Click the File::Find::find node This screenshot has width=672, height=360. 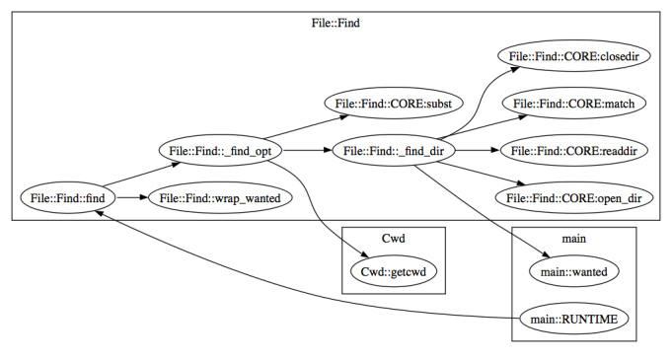click(68, 199)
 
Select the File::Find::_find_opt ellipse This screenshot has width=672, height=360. click(221, 151)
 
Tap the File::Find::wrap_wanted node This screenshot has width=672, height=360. click(213, 199)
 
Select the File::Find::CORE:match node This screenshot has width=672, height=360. click(566, 103)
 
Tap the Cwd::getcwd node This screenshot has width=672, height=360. click(394, 269)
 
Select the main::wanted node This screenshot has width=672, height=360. click(574, 269)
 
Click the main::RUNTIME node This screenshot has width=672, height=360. click(574, 318)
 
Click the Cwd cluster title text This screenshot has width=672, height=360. click(394, 239)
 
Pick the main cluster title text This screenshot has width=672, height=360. click(574, 239)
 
